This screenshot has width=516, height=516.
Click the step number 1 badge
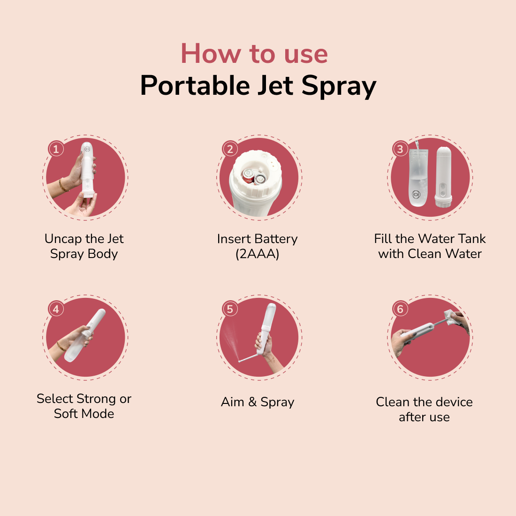click(56, 149)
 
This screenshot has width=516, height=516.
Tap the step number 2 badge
click(230, 149)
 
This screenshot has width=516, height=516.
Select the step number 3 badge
click(400, 149)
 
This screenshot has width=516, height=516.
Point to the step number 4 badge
click(56, 309)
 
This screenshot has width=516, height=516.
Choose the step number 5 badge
click(230, 309)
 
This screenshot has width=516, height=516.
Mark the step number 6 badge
click(400, 309)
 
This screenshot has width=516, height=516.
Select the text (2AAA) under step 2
click(258, 254)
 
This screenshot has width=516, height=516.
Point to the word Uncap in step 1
click(63, 239)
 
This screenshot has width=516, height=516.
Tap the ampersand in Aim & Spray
click(252, 402)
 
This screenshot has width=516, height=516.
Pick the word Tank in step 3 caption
click(471, 239)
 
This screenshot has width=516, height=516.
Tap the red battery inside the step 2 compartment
click(248, 176)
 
